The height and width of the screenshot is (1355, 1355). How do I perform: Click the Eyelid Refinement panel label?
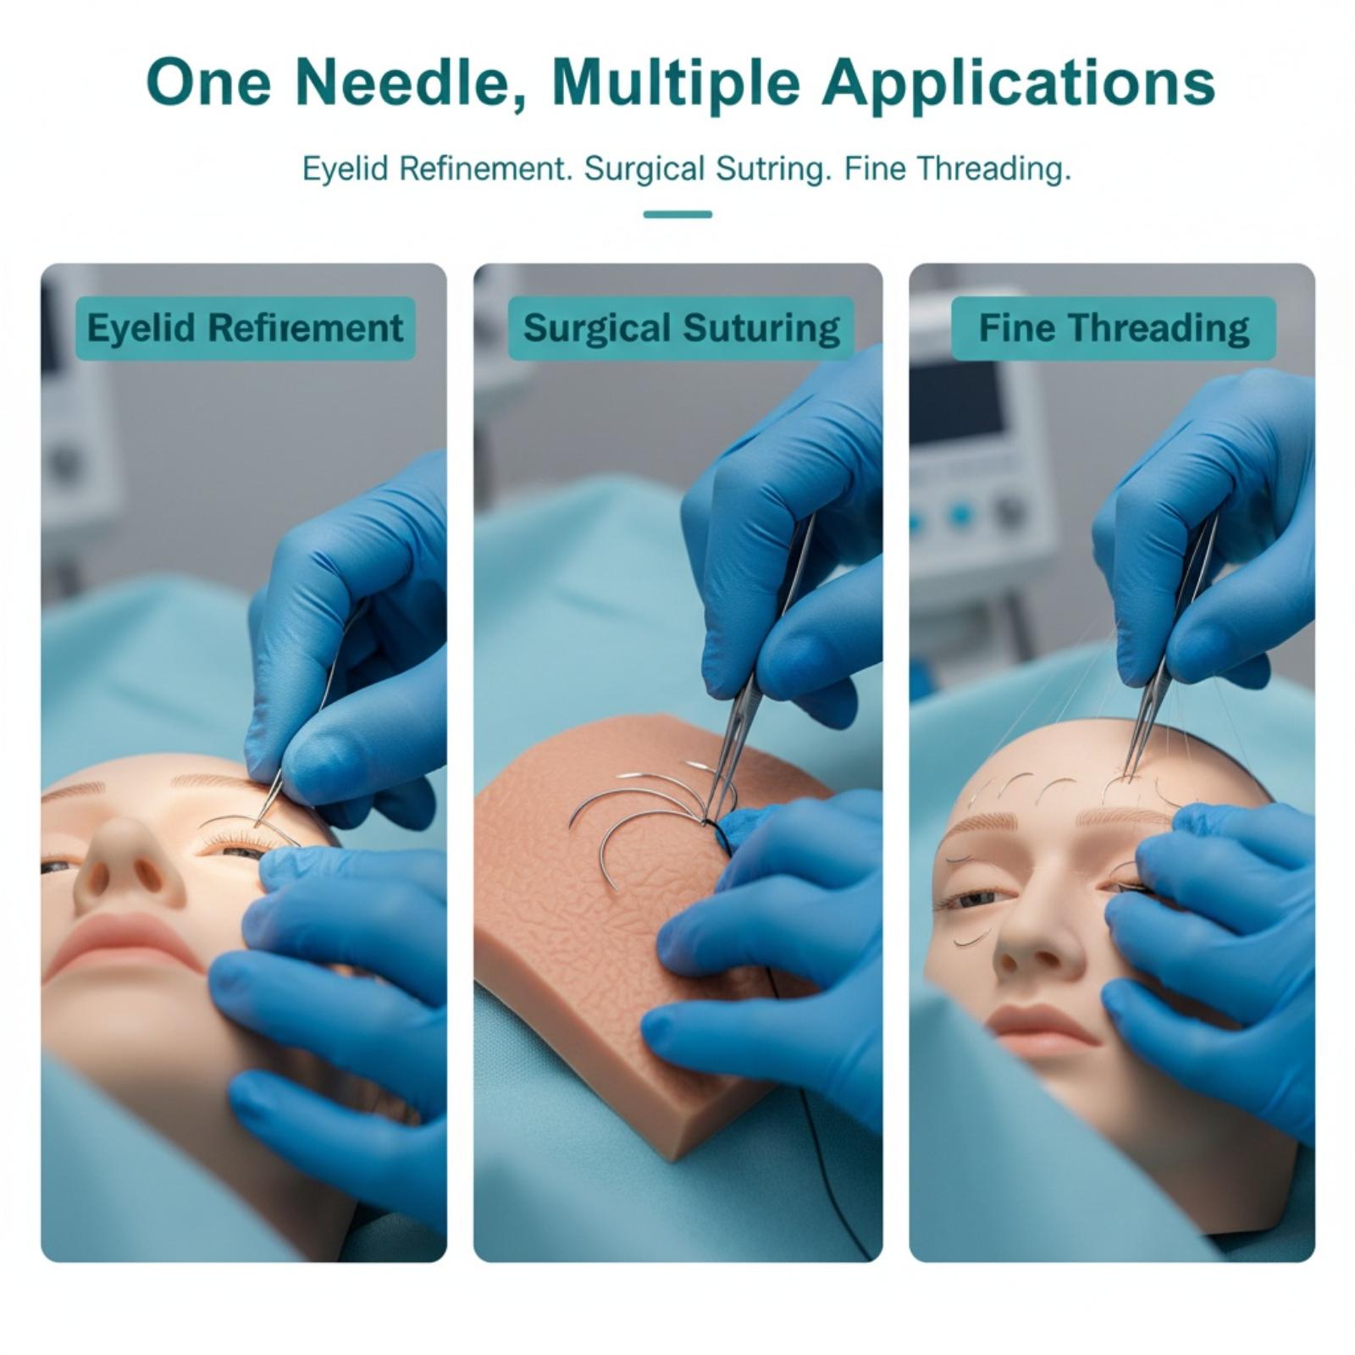click(x=246, y=329)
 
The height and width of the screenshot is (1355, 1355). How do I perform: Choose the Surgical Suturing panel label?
click(x=681, y=329)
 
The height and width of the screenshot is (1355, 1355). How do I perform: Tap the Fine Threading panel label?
click(x=1114, y=329)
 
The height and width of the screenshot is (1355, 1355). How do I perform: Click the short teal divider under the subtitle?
click(x=677, y=214)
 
